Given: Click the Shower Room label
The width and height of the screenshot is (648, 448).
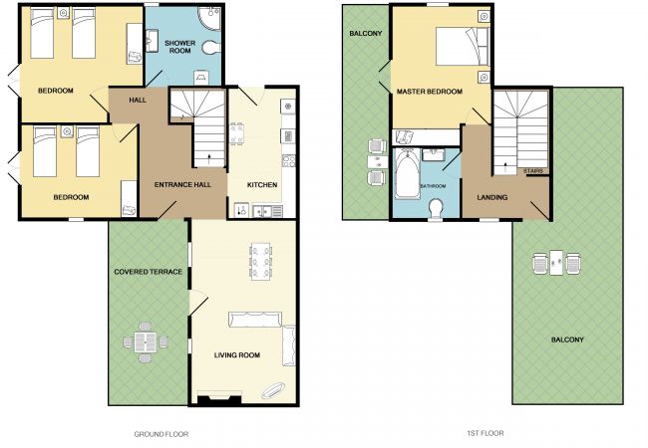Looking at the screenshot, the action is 179,47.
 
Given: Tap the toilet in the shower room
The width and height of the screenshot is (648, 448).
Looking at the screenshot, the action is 212,47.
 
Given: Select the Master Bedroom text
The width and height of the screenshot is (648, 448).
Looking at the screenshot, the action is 430,92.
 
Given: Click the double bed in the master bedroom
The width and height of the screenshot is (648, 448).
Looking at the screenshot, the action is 463,46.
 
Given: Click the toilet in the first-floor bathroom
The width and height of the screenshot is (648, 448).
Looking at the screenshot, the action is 436,208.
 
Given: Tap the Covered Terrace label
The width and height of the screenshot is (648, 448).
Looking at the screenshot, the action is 148,272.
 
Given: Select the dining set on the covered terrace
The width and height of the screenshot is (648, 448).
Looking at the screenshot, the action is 146,342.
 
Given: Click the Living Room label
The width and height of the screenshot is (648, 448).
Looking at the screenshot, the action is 237,355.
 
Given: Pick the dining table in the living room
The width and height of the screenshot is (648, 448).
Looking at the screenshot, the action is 261,262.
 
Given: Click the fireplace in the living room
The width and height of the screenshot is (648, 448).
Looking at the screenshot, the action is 219,398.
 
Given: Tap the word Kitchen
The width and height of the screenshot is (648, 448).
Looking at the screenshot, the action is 262,185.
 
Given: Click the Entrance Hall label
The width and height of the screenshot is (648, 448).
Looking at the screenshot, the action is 182,185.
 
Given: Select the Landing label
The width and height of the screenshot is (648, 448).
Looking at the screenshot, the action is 492,197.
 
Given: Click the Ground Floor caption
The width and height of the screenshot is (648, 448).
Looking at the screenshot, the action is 162,434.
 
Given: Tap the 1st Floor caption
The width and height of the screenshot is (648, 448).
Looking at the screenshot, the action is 486,433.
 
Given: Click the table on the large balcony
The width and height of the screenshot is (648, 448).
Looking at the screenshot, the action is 556,263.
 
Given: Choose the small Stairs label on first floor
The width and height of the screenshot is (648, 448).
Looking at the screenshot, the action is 533,171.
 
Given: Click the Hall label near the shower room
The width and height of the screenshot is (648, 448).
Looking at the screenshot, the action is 138,101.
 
